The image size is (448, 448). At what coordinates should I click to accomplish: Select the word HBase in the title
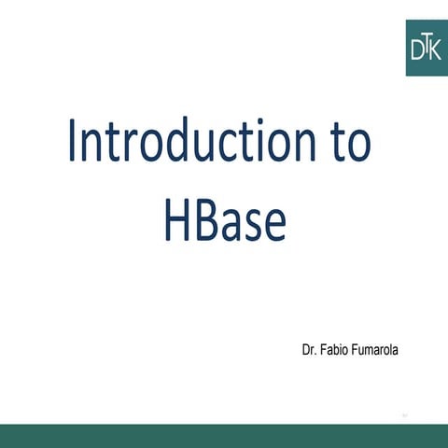point(223,221)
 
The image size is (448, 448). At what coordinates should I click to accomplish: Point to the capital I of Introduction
point(72,142)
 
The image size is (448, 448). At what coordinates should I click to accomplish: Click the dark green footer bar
point(224,435)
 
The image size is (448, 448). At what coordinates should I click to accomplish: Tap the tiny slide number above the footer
point(405,413)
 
